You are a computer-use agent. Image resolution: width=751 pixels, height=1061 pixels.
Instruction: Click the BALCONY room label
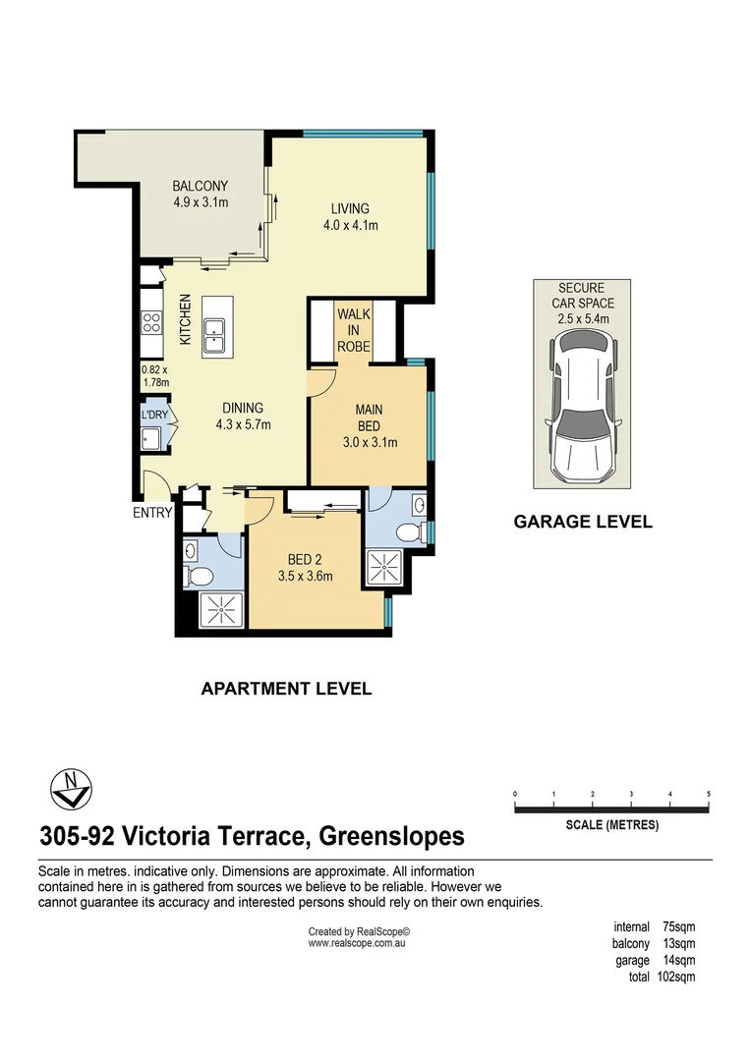point(200,186)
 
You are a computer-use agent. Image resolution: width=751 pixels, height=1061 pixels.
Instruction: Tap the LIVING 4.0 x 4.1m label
point(350,216)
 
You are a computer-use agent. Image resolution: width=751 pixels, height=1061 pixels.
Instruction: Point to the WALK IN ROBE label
point(353,329)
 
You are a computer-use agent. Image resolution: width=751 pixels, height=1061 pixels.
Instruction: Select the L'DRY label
point(155,415)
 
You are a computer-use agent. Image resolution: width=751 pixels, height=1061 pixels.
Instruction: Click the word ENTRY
point(153,512)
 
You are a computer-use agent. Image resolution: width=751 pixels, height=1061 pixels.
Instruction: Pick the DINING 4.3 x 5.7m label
point(243,417)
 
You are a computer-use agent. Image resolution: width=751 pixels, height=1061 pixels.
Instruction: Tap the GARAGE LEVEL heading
point(583,522)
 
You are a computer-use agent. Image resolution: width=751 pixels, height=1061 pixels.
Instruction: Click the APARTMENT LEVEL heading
point(286,689)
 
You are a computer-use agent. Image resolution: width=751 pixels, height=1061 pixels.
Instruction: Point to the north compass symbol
point(70,787)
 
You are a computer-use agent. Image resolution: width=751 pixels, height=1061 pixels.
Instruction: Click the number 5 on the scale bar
point(709,793)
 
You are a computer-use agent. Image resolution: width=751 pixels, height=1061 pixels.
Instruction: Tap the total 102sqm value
point(676,977)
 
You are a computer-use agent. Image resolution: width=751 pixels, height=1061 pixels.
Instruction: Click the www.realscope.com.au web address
point(357,943)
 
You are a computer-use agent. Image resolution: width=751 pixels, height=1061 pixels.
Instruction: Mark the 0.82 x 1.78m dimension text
point(155,376)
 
